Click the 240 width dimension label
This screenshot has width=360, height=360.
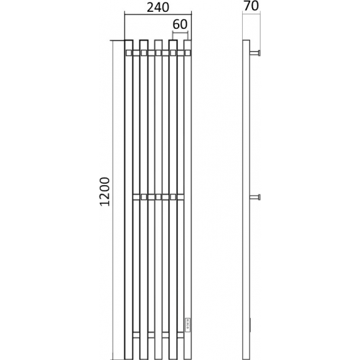tap(158, 8)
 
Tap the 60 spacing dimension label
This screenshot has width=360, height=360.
tap(180, 24)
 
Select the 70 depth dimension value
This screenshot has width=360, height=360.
tap(251, 6)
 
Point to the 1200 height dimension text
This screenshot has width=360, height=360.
tap(105, 192)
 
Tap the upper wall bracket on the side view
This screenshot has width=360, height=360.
tap(255, 53)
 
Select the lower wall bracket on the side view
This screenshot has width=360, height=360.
tap(255, 197)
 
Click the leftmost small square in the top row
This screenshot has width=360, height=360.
tap(128, 53)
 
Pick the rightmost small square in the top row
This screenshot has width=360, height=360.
tap(188, 53)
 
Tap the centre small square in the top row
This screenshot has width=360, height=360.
tap(158, 53)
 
